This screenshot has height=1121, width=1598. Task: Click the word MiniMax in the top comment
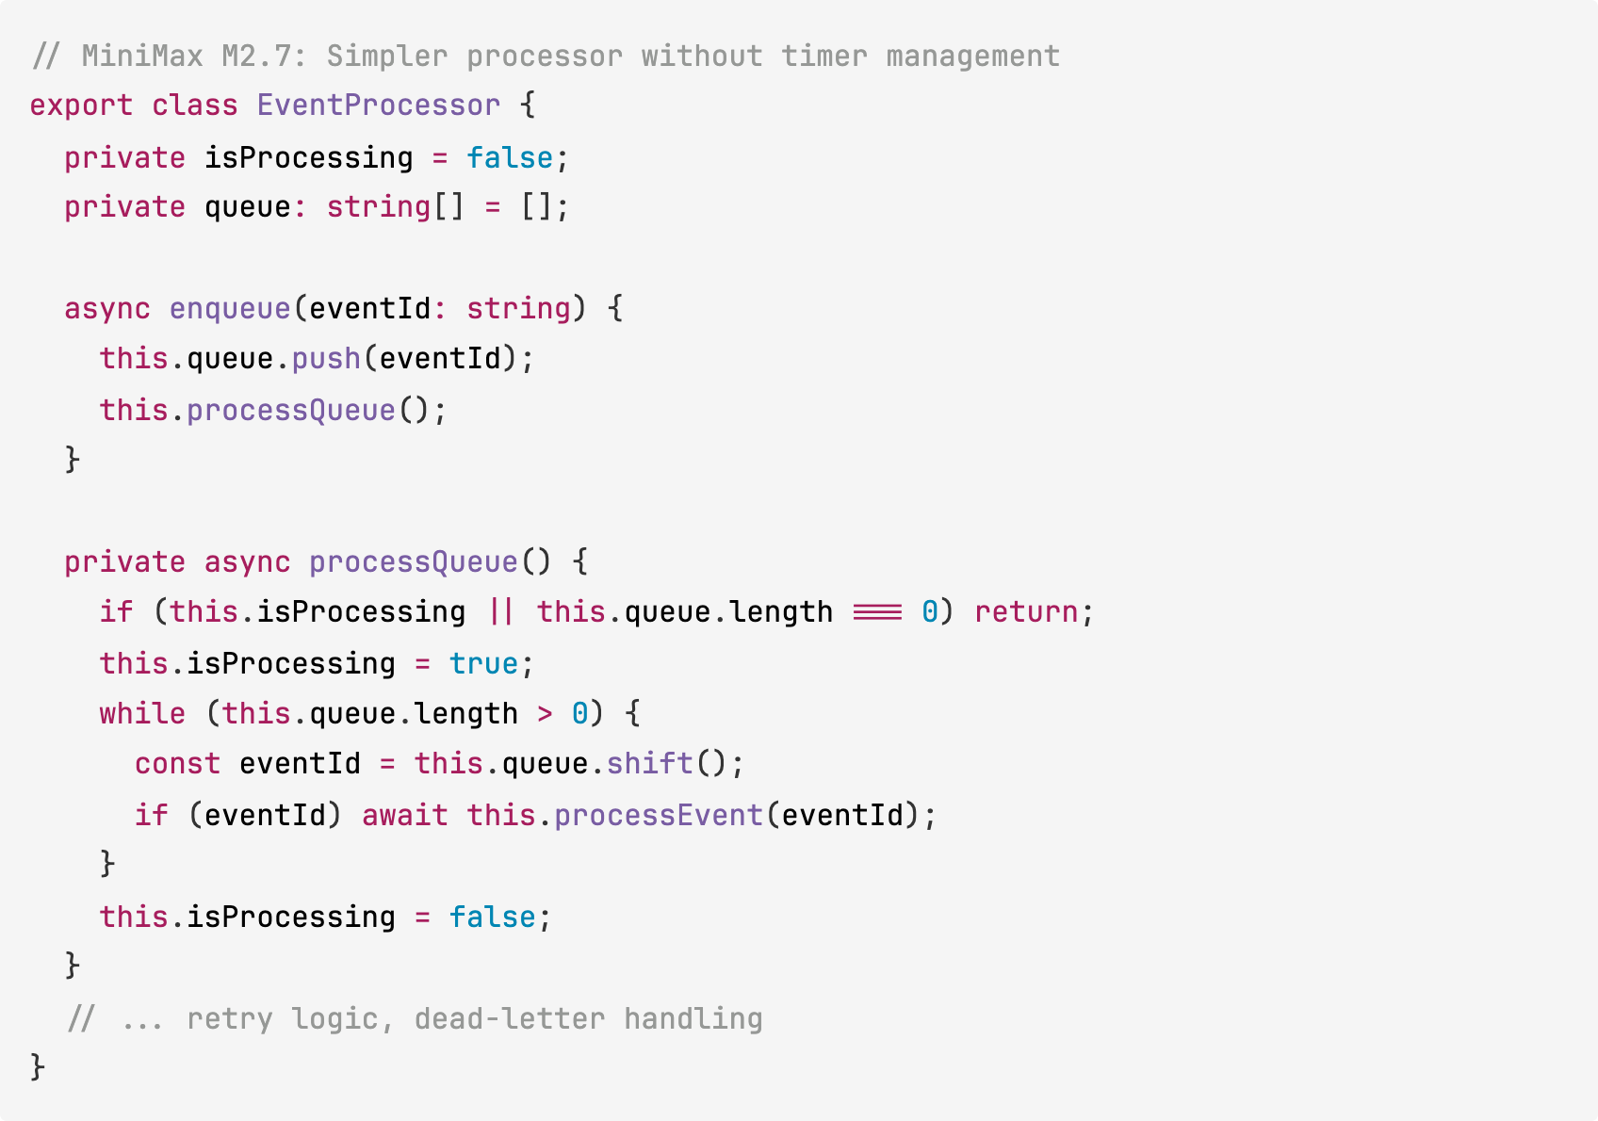(x=142, y=57)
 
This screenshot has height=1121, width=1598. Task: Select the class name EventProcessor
(x=378, y=106)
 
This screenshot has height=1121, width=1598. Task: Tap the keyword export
(x=81, y=106)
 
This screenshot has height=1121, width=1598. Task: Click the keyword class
(x=195, y=106)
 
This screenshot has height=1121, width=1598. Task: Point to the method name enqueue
(x=230, y=309)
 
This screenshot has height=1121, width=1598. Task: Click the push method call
(x=326, y=359)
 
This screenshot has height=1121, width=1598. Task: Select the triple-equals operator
(x=877, y=612)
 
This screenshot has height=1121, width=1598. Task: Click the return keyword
(x=1026, y=612)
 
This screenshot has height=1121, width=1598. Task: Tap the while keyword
(x=142, y=714)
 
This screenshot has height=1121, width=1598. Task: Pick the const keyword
(x=177, y=764)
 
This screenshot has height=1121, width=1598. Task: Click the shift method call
(x=649, y=764)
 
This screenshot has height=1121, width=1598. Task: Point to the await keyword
(x=404, y=815)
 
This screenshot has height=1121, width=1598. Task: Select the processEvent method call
(x=658, y=815)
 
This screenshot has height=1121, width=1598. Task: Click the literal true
(x=483, y=664)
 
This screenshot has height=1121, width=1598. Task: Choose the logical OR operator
(x=501, y=612)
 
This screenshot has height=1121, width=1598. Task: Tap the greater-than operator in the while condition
(x=545, y=714)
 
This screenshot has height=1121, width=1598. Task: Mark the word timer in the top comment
(x=823, y=57)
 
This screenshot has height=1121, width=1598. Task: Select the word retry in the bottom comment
(x=230, y=1019)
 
